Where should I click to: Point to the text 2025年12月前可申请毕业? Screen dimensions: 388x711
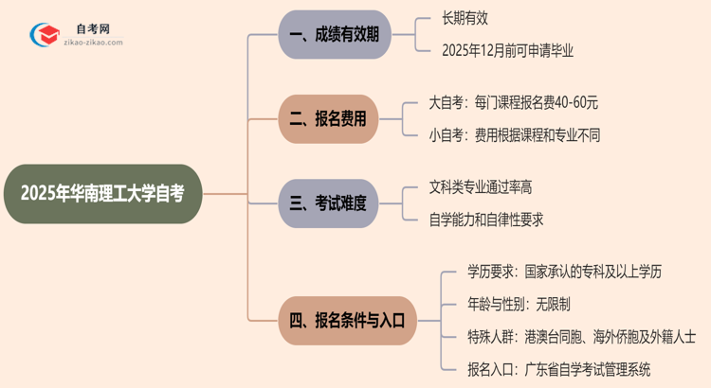(507, 51)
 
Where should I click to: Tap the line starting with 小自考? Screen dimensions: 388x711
(514, 135)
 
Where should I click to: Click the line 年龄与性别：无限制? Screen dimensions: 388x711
(519, 304)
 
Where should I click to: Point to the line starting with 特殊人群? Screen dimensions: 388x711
(581, 336)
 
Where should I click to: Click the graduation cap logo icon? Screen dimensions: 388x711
(43, 36)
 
